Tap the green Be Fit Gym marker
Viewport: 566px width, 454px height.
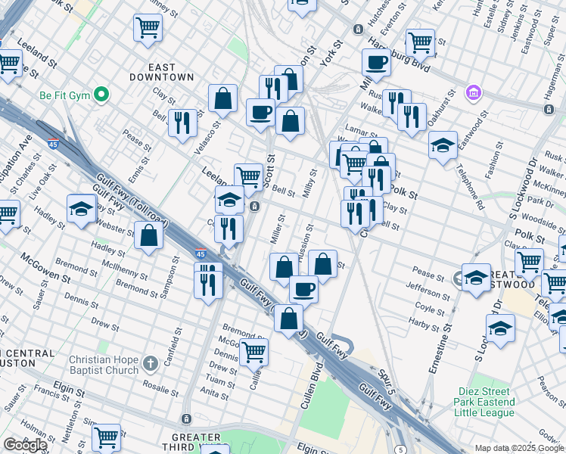(102, 95)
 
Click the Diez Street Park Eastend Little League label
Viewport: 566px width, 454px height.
(487, 402)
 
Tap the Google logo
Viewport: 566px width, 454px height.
(25, 445)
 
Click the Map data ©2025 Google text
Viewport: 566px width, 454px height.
(519, 448)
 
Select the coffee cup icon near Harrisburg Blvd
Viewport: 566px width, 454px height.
(376, 63)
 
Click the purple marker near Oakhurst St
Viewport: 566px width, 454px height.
(474, 93)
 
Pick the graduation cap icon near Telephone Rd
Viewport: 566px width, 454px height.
(443, 145)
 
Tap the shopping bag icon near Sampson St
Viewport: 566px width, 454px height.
(149, 235)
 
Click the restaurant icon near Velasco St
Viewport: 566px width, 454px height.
(182, 123)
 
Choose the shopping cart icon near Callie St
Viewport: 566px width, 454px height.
(253, 351)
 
